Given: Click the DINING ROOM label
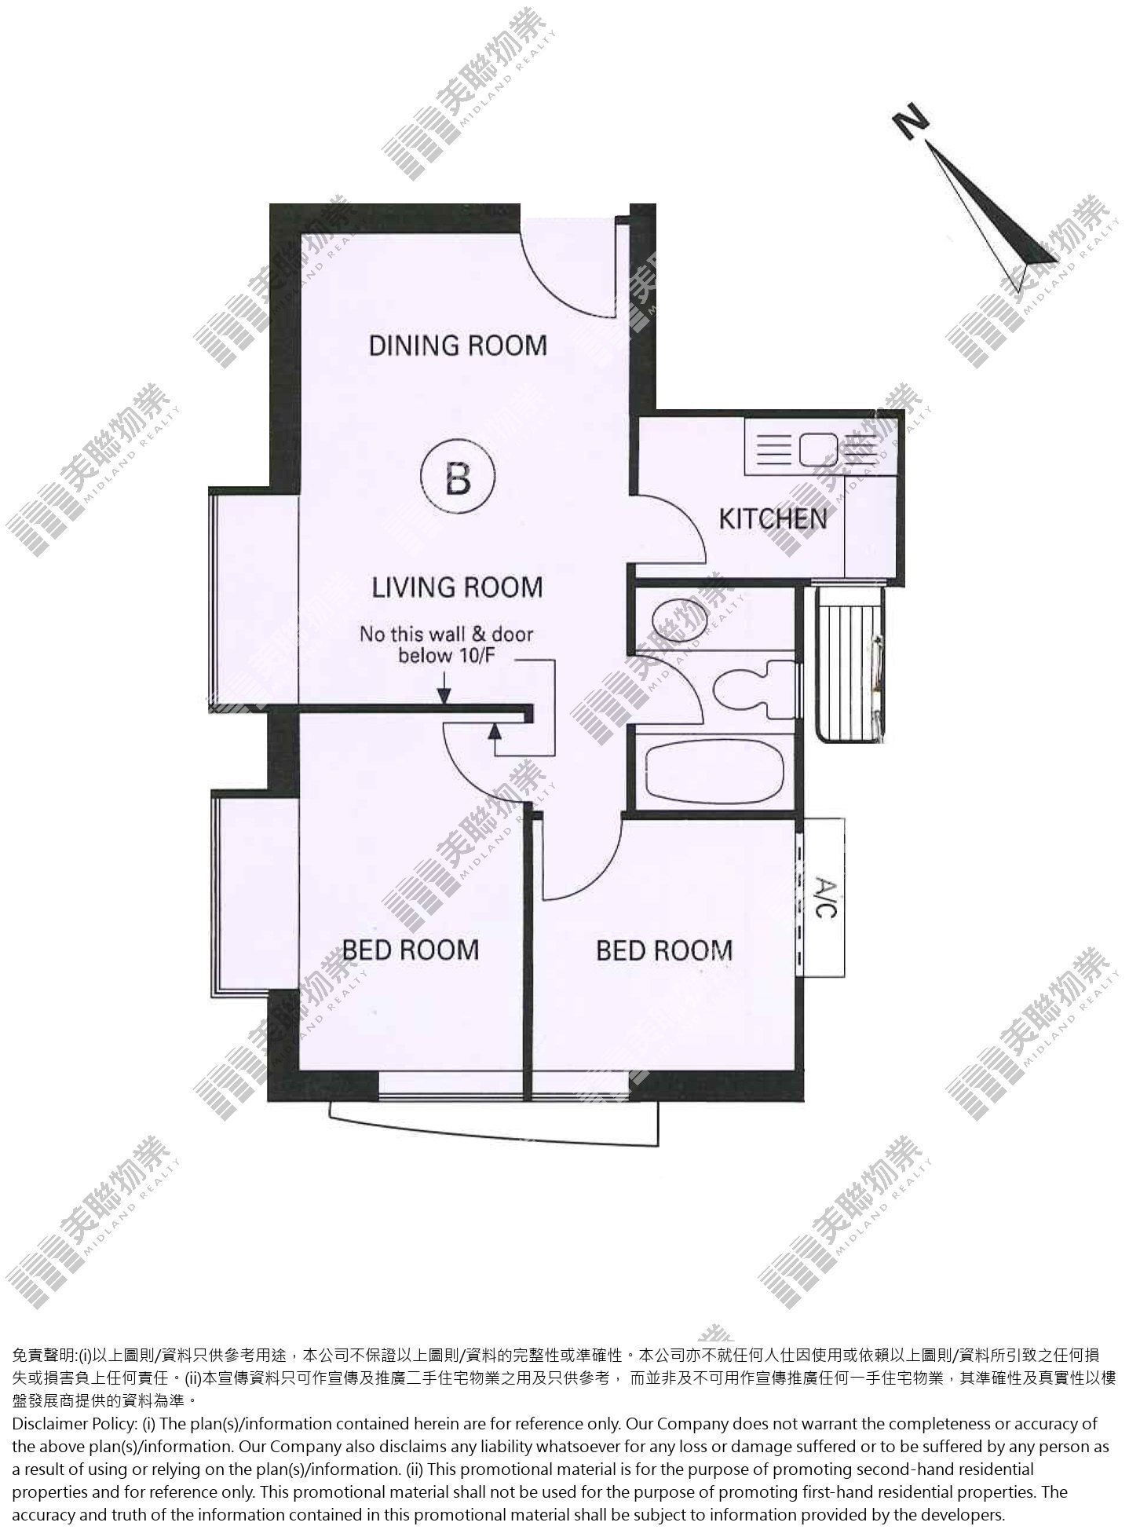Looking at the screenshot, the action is coord(458,345).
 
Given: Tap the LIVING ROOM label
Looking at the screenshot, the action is coord(457,587).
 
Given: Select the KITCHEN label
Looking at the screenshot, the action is coord(773,518).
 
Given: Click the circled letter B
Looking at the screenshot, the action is coord(459,478).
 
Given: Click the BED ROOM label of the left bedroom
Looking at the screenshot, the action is coord(411,949).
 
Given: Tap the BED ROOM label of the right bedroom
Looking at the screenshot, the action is coord(664,950).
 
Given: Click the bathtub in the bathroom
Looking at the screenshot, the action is coord(714,773).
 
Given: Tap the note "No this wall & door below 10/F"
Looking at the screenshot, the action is coord(446,644).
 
